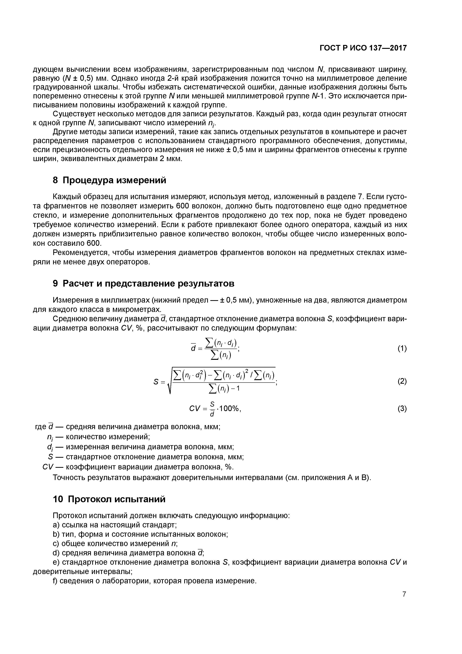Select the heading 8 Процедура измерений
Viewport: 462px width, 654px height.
109,180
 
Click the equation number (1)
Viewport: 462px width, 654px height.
402,349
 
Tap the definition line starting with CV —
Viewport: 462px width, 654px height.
138,467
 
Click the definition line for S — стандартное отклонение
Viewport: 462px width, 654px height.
145,457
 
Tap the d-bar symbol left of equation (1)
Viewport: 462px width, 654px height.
193,348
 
